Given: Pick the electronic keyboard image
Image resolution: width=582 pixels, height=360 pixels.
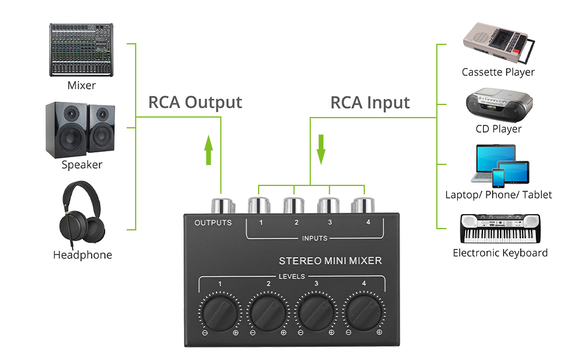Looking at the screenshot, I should (x=500, y=229).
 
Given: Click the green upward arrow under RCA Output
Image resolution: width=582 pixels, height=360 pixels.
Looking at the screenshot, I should (x=208, y=150).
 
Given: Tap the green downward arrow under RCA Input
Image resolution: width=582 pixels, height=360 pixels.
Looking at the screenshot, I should (x=321, y=149).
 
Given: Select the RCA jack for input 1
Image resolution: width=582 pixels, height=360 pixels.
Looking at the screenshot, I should (x=259, y=205).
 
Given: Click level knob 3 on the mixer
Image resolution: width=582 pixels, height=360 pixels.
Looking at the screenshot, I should (x=316, y=310).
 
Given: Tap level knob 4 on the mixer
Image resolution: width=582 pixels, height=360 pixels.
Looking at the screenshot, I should (x=364, y=310).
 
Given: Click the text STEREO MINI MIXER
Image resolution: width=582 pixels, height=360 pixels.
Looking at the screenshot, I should (x=330, y=261).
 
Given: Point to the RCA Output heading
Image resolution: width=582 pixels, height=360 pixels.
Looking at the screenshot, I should (x=195, y=102).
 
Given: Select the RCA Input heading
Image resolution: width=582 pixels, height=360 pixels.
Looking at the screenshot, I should (x=370, y=103).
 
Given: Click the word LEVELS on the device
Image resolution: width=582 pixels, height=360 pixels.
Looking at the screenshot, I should (x=292, y=277).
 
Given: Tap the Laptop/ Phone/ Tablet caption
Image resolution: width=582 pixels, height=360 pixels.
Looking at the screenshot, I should (x=498, y=194).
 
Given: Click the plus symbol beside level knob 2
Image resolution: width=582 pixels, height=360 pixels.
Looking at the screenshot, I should (x=284, y=332).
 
